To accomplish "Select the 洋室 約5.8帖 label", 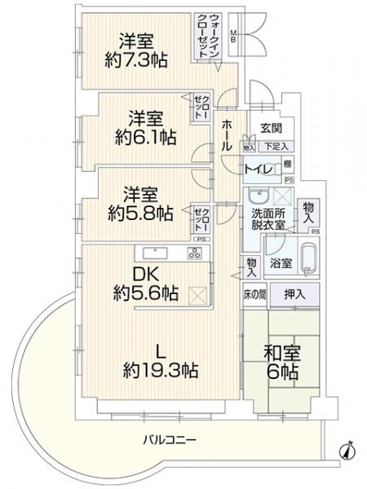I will point(139,204).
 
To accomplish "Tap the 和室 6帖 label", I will point(280,361).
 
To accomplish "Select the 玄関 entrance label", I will point(271,128).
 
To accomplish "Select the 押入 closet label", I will point(294,294).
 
